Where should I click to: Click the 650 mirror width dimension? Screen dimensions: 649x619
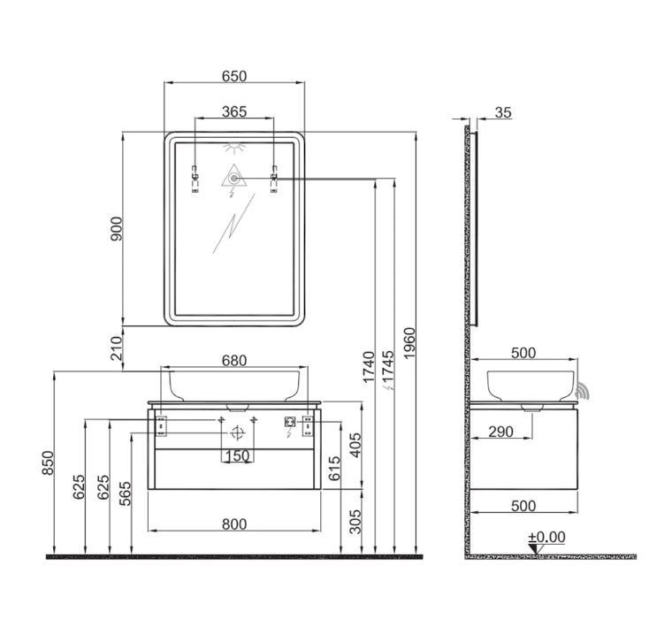click(x=234, y=76)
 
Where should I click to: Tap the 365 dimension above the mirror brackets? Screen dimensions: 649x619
click(x=234, y=111)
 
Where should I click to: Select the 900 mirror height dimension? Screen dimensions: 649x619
click(x=117, y=228)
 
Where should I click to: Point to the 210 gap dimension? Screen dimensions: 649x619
click(x=117, y=348)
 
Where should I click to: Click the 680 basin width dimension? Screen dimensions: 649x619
click(x=234, y=361)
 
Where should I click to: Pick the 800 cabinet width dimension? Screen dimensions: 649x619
click(x=234, y=524)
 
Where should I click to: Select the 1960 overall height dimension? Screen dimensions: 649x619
click(x=408, y=343)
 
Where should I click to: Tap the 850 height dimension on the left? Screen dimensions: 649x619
click(x=48, y=462)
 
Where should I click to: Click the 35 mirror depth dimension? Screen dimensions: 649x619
click(x=503, y=112)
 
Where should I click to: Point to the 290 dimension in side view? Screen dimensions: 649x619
click(x=500, y=432)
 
